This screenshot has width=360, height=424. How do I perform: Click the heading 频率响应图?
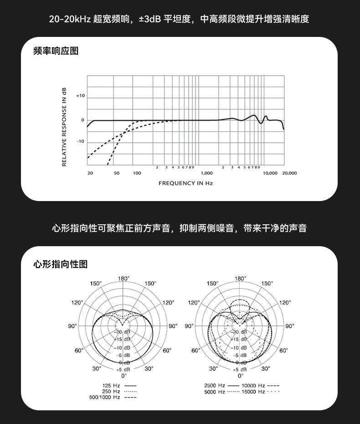[x=56, y=51]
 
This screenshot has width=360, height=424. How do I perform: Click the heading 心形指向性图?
[x=61, y=264]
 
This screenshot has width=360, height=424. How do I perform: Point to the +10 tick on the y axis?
[x=81, y=96]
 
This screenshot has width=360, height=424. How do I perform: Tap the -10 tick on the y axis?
[x=81, y=141]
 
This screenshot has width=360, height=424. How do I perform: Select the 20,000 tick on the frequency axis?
[x=289, y=173]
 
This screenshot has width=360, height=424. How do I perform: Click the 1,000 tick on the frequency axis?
[x=207, y=173]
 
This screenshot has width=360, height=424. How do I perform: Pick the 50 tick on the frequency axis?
[x=117, y=173]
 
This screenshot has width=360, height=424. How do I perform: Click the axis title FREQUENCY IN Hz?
[x=185, y=183]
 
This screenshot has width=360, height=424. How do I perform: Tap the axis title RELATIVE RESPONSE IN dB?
[x=64, y=127]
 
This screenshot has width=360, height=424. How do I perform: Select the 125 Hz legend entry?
[x=119, y=386]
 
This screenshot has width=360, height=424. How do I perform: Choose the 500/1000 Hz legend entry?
[x=113, y=397]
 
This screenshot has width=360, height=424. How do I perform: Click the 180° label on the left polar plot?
[x=123, y=279]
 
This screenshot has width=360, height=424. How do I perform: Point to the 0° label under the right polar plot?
[x=241, y=376]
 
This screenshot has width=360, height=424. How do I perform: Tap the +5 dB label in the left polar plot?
[x=123, y=369]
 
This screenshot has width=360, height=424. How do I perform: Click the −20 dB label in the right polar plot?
[x=240, y=332]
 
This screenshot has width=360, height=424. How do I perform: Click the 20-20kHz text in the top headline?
[x=70, y=19]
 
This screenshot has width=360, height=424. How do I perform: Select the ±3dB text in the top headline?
[x=150, y=19]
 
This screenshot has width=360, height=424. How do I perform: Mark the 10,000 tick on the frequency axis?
[x=270, y=173]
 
